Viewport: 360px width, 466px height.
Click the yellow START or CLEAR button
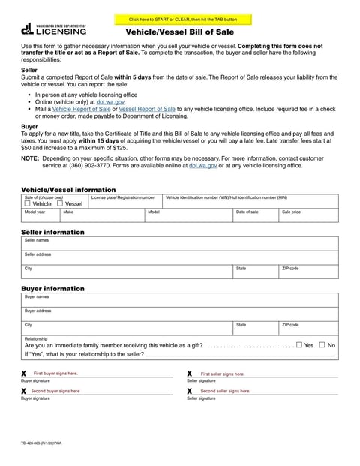[x=183, y=19]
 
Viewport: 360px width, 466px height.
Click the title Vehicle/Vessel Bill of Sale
[x=179, y=32]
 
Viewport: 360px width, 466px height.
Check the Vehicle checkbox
[x=28, y=203]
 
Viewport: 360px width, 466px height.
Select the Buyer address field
[x=179, y=314]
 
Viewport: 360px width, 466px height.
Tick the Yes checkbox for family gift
[x=299, y=345]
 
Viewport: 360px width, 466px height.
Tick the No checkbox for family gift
[x=322, y=345]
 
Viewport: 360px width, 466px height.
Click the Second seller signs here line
[x=262, y=392]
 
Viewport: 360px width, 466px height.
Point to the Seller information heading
[x=52, y=232]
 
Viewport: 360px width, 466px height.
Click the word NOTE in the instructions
[x=29, y=158]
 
